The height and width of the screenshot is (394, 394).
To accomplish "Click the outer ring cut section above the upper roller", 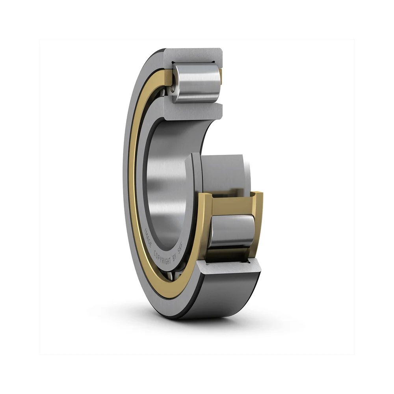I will coord(193,55).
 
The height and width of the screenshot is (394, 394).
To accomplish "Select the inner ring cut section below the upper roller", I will coord(193,112).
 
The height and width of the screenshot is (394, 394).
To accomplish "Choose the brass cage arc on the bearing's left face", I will coord(133,177).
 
